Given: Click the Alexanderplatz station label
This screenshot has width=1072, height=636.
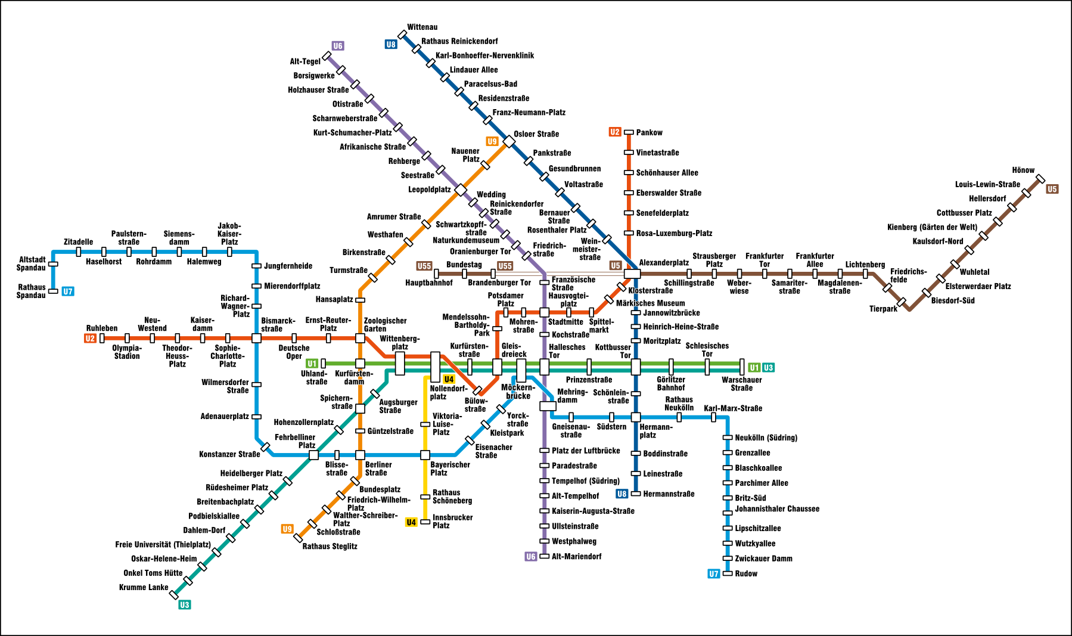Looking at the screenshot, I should [663, 263].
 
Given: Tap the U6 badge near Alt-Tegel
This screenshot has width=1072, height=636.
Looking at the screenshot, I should [338, 46].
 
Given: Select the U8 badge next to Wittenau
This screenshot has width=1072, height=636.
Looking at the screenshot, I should [391, 44].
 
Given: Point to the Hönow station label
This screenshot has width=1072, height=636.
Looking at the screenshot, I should [1023, 170].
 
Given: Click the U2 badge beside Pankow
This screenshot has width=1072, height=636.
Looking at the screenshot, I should [615, 132].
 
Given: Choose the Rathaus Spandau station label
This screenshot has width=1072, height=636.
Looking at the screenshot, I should [31, 291].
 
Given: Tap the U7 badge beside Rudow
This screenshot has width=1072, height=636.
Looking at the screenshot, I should [714, 574].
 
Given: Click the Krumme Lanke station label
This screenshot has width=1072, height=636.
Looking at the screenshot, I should [144, 588].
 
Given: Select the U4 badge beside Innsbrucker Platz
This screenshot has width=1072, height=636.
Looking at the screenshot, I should [411, 523].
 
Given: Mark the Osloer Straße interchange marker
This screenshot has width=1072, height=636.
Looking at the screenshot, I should [509, 141].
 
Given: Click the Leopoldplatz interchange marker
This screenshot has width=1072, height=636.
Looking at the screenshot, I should [461, 190].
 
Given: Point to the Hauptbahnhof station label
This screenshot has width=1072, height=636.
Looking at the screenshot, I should [428, 283].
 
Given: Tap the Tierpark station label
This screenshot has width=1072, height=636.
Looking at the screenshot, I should [883, 309].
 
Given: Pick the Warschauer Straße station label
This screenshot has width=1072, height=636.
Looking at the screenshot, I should [741, 384].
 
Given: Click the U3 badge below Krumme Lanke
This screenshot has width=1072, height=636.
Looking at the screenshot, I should [185, 605].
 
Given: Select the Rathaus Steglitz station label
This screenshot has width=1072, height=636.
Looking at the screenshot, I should [330, 547].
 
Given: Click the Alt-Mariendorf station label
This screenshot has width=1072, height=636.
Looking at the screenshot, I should [576, 557].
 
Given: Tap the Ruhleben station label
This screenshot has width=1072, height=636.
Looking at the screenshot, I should [102, 328].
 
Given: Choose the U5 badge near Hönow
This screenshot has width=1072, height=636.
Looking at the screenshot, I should [1052, 190].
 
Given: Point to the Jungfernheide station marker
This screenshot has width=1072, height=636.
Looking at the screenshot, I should [256, 266].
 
